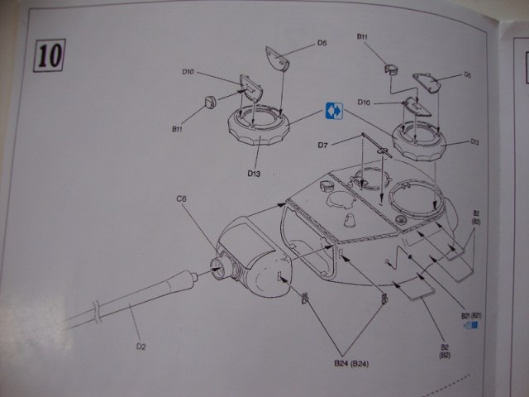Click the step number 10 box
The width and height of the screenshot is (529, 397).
(x=48, y=55)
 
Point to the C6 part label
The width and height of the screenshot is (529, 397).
(x=180, y=198)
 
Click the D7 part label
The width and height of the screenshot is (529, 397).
(x=324, y=146)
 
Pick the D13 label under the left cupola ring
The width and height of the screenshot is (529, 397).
(x=253, y=173)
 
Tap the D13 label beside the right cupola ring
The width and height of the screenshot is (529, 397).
(x=474, y=141)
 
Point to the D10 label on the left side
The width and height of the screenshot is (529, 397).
(x=188, y=72)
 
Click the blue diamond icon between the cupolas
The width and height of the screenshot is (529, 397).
(x=334, y=110)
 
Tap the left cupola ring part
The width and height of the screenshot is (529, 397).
(x=259, y=132)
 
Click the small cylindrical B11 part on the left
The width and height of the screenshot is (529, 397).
(x=210, y=103)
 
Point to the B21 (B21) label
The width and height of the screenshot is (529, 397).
(x=470, y=315)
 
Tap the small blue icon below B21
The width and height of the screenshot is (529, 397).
(x=474, y=326)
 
